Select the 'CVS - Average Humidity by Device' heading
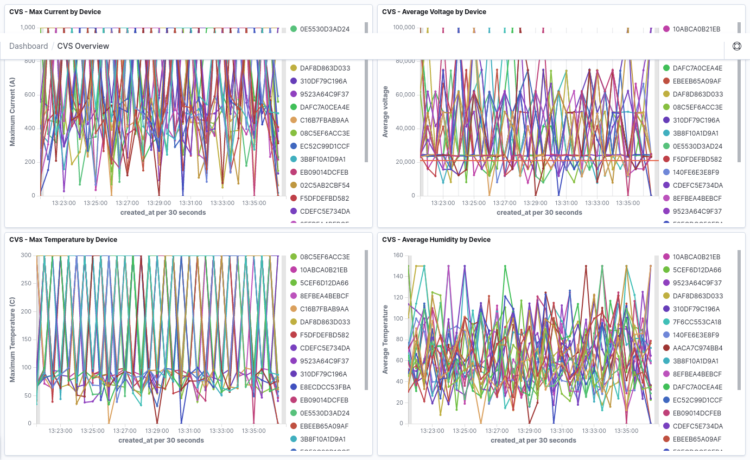(x=436, y=240)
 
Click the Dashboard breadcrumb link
(x=29, y=46)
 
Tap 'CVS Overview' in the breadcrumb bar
(x=83, y=46)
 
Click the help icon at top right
(x=736, y=46)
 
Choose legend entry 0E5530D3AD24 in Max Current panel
(x=324, y=29)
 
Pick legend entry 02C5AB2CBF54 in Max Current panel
(x=324, y=186)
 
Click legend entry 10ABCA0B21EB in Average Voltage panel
(x=696, y=29)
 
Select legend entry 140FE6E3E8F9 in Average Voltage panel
(x=696, y=173)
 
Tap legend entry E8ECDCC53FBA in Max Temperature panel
(x=325, y=387)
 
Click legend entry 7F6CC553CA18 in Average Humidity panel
(x=697, y=322)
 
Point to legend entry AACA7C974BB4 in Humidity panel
(x=697, y=348)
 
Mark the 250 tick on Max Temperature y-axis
(x=26, y=283)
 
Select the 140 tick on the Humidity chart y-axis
(x=398, y=276)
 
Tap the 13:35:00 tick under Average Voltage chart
(x=627, y=203)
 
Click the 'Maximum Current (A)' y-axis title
(x=12, y=111)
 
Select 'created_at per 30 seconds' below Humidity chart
(x=533, y=440)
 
